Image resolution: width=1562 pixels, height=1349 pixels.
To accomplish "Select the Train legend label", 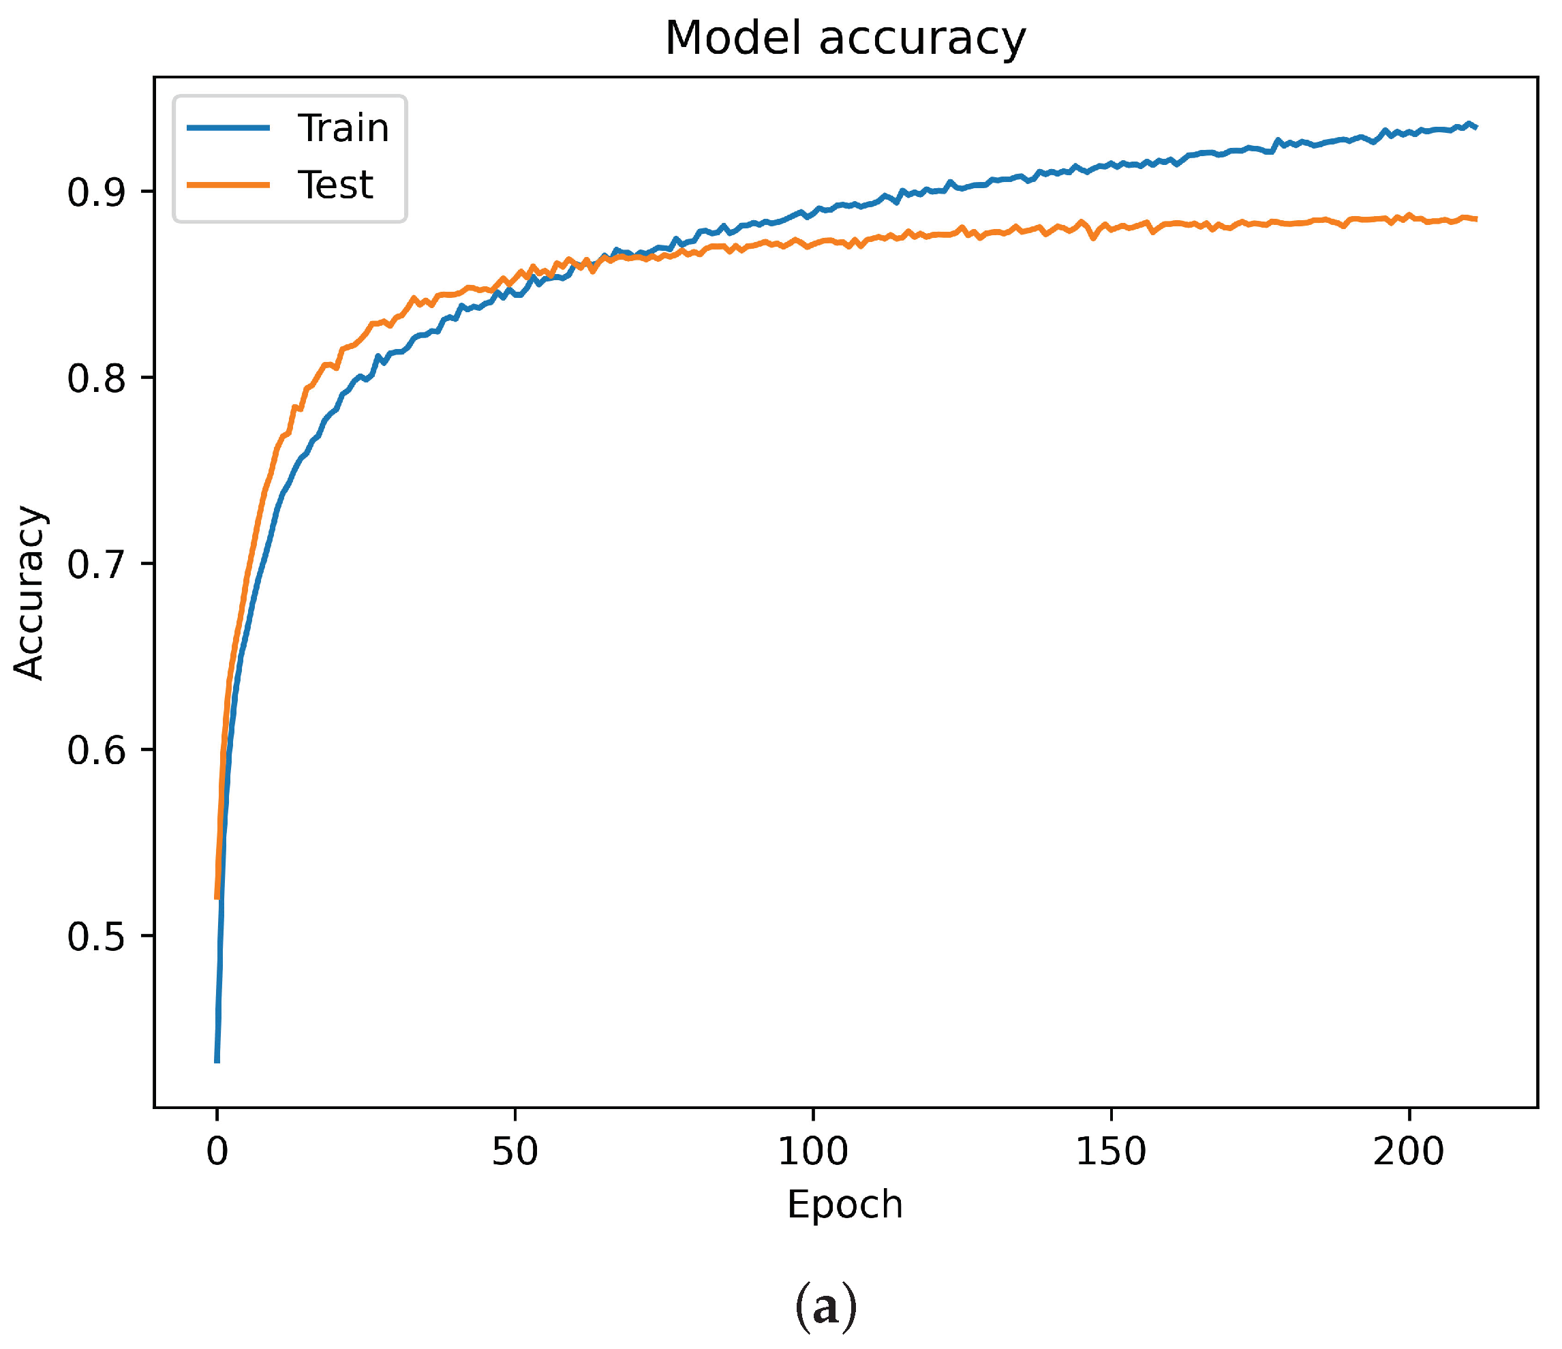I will point(343,127).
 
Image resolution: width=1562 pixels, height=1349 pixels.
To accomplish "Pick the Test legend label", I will point(335,185).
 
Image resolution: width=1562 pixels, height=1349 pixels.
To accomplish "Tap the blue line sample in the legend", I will point(228,127).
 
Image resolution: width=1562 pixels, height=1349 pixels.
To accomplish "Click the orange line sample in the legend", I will point(228,185).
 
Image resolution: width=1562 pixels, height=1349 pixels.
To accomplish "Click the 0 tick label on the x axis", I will point(217,1151).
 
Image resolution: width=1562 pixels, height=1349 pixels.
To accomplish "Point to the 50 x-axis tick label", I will point(515,1151).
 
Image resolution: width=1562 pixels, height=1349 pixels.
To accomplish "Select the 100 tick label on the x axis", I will point(812,1151).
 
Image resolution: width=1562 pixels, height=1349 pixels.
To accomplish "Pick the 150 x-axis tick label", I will point(1110,1151).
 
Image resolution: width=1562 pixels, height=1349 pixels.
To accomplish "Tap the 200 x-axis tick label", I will point(1408,1151).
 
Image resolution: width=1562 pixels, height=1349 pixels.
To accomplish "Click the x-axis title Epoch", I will point(845,1204).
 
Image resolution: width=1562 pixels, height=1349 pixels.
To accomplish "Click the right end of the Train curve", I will point(1475,127).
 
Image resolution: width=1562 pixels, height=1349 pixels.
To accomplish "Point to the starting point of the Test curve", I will point(217,898).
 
